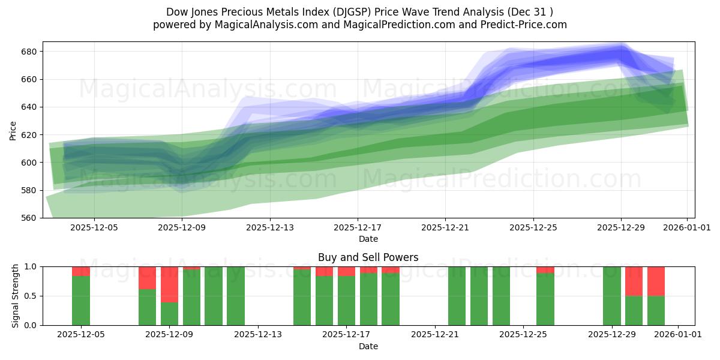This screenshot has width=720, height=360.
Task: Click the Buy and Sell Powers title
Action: pyautogui.click(x=368, y=257)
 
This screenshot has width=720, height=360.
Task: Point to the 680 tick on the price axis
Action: pyautogui.click(x=30, y=52)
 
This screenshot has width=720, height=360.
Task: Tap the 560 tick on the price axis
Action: pyautogui.click(x=30, y=218)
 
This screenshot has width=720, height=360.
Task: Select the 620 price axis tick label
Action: pyautogui.click(x=30, y=135)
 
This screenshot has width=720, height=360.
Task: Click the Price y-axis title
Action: pyautogui.click(x=13, y=130)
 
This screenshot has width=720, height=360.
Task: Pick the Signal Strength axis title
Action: pyautogui.click(x=16, y=296)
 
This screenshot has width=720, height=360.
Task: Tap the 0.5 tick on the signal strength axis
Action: pyautogui.click(x=30, y=296)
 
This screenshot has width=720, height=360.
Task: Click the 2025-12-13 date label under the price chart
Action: pyautogui.click(x=270, y=228)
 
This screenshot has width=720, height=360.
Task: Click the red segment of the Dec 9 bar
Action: pyautogui.click(x=169, y=284)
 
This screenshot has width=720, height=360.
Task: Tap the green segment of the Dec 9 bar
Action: pyautogui.click(x=169, y=314)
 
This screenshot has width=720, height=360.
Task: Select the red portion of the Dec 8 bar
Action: pyautogui.click(x=147, y=278)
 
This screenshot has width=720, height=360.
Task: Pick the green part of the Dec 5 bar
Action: pyautogui.click(x=81, y=301)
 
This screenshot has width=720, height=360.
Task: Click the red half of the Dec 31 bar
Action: pyautogui.click(x=656, y=281)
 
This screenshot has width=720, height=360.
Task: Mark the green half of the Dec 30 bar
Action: pyautogui.click(x=634, y=310)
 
